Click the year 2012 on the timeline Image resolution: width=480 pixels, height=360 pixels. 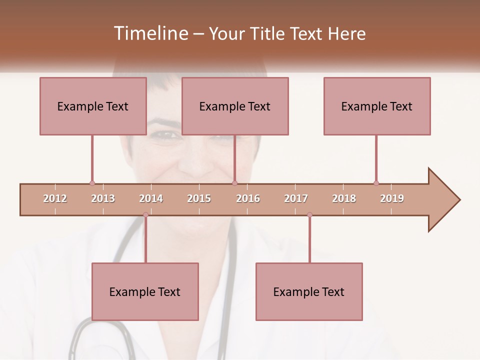tap(55, 198)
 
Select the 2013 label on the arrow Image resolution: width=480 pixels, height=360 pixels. tap(103, 198)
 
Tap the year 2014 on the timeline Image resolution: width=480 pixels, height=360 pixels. tap(151, 198)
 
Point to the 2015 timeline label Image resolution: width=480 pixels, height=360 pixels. tap(199, 198)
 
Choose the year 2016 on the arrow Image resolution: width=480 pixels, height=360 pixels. tap(248, 198)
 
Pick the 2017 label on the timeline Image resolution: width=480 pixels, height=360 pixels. tap(296, 198)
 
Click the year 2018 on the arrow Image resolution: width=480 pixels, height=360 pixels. tap(344, 198)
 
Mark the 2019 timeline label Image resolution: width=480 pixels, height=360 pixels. tap(392, 198)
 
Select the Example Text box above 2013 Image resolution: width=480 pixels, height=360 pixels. tap(93, 106)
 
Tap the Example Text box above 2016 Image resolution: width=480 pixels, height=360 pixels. tap(235, 106)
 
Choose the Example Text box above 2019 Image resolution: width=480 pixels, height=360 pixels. tap(377, 106)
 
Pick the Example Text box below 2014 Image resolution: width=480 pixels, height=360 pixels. tap(145, 291)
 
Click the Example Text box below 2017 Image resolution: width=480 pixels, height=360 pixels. tap(309, 291)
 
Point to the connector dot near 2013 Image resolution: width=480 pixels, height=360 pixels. tap(92, 183)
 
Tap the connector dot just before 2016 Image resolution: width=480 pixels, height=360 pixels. tap(235, 183)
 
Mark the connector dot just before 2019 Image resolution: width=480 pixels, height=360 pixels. tap(376, 183)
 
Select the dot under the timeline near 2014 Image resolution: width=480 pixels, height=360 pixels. tap(145, 215)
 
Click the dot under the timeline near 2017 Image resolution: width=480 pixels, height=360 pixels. tap(309, 215)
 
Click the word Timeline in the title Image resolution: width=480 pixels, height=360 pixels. tap(150, 33)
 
